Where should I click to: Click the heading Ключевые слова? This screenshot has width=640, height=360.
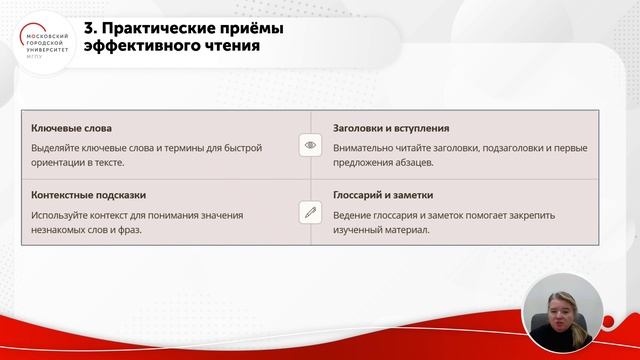click(71, 129)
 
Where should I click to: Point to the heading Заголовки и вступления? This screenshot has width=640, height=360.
click(390, 129)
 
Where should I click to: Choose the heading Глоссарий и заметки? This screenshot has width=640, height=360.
click(383, 195)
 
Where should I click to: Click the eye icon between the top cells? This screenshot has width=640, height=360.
click(310, 145)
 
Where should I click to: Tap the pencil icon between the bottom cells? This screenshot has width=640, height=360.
click(310, 212)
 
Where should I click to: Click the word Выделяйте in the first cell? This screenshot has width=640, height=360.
click(56, 148)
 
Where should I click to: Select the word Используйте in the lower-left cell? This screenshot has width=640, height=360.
click(61, 214)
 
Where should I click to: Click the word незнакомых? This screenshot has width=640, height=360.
click(61, 229)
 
